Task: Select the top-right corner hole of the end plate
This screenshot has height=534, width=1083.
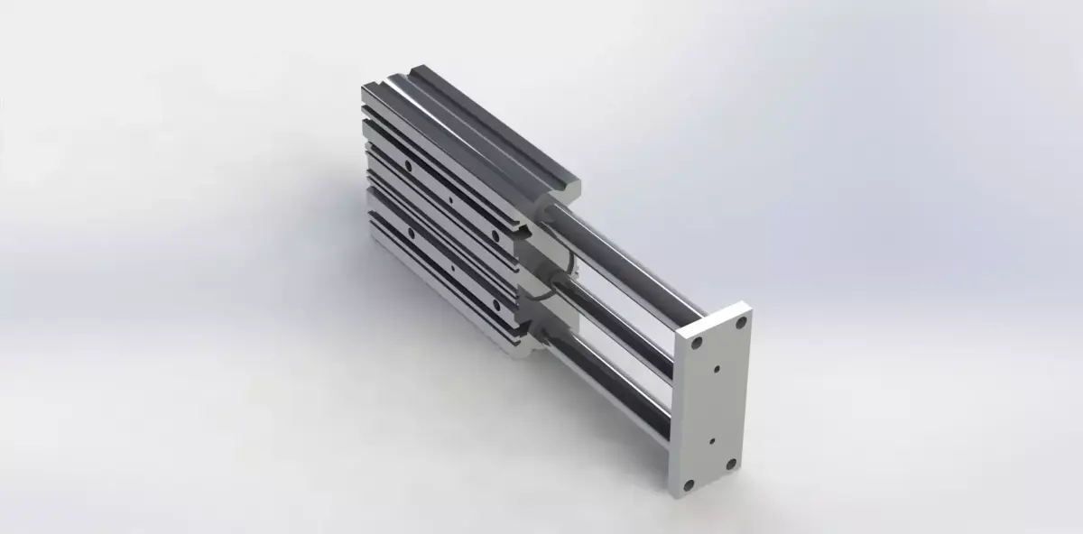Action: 740,321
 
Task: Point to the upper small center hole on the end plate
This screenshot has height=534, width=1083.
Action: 717,367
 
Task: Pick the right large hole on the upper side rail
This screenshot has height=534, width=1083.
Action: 495,233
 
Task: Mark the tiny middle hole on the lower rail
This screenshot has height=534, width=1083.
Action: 450,267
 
